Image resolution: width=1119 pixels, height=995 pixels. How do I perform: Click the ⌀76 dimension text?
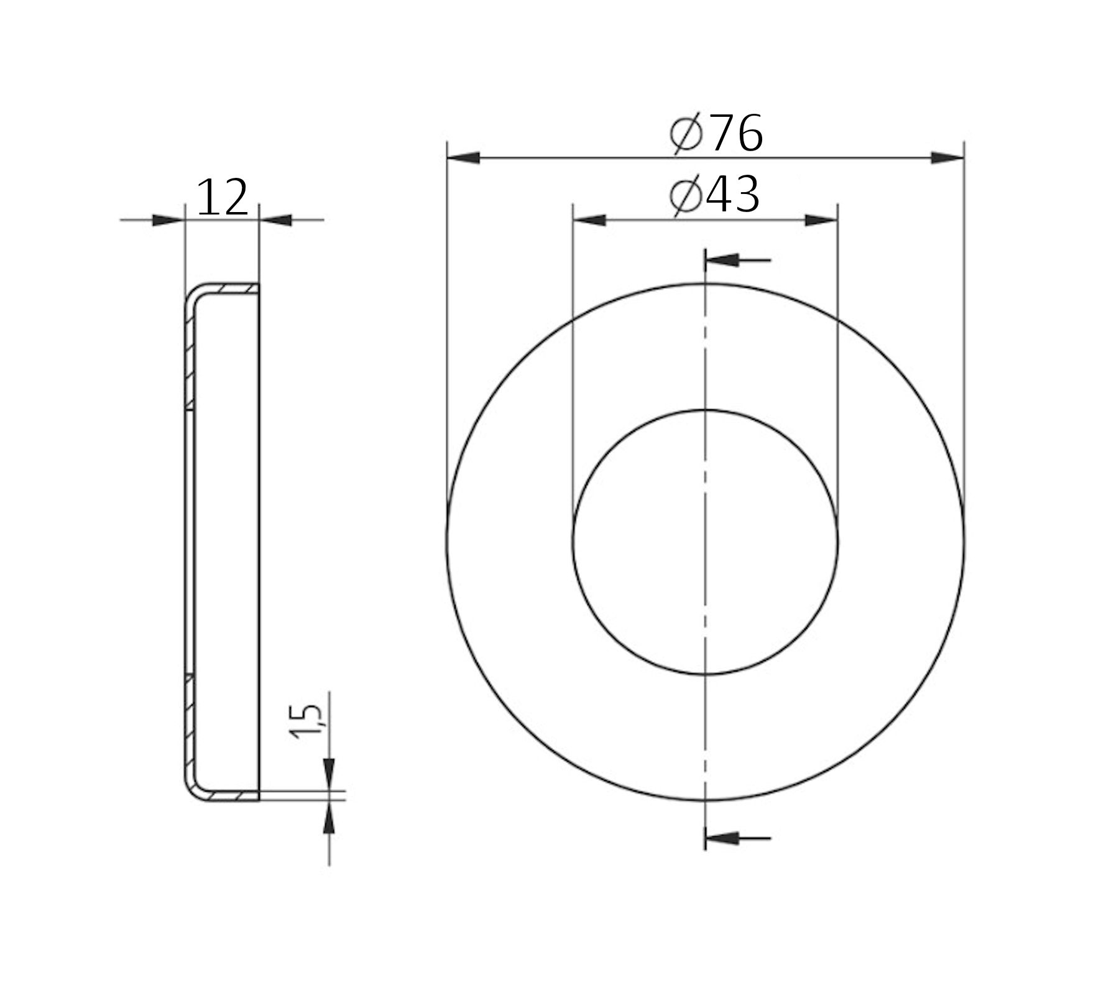pyautogui.click(x=717, y=133)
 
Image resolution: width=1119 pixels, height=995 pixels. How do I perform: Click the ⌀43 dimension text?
pyautogui.click(x=715, y=195)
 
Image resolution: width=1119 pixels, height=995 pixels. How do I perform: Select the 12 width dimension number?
pyautogui.click(x=222, y=198)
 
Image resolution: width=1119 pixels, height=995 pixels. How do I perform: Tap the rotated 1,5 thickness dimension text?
pyautogui.click(x=306, y=721)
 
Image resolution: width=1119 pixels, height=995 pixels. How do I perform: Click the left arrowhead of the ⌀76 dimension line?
pyautogui.click(x=463, y=158)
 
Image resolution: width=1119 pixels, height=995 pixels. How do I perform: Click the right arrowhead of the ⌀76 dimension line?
pyautogui.click(x=947, y=158)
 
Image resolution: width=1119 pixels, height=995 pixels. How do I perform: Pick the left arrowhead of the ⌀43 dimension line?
pyautogui.click(x=589, y=220)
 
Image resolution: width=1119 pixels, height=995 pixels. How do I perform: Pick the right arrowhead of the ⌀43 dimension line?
pyautogui.click(x=821, y=220)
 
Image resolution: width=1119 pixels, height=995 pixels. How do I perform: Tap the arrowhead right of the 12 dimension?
pyautogui.click(x=275, y=220)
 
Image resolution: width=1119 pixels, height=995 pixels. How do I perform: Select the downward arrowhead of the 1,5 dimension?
pyautogui.click(x=329, y=774)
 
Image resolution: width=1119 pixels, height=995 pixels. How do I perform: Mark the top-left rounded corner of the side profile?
pyautogui.click(x=193, y=295)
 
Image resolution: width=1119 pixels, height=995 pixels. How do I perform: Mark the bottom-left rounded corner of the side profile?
pyautogui.click(x=193, y=790)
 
